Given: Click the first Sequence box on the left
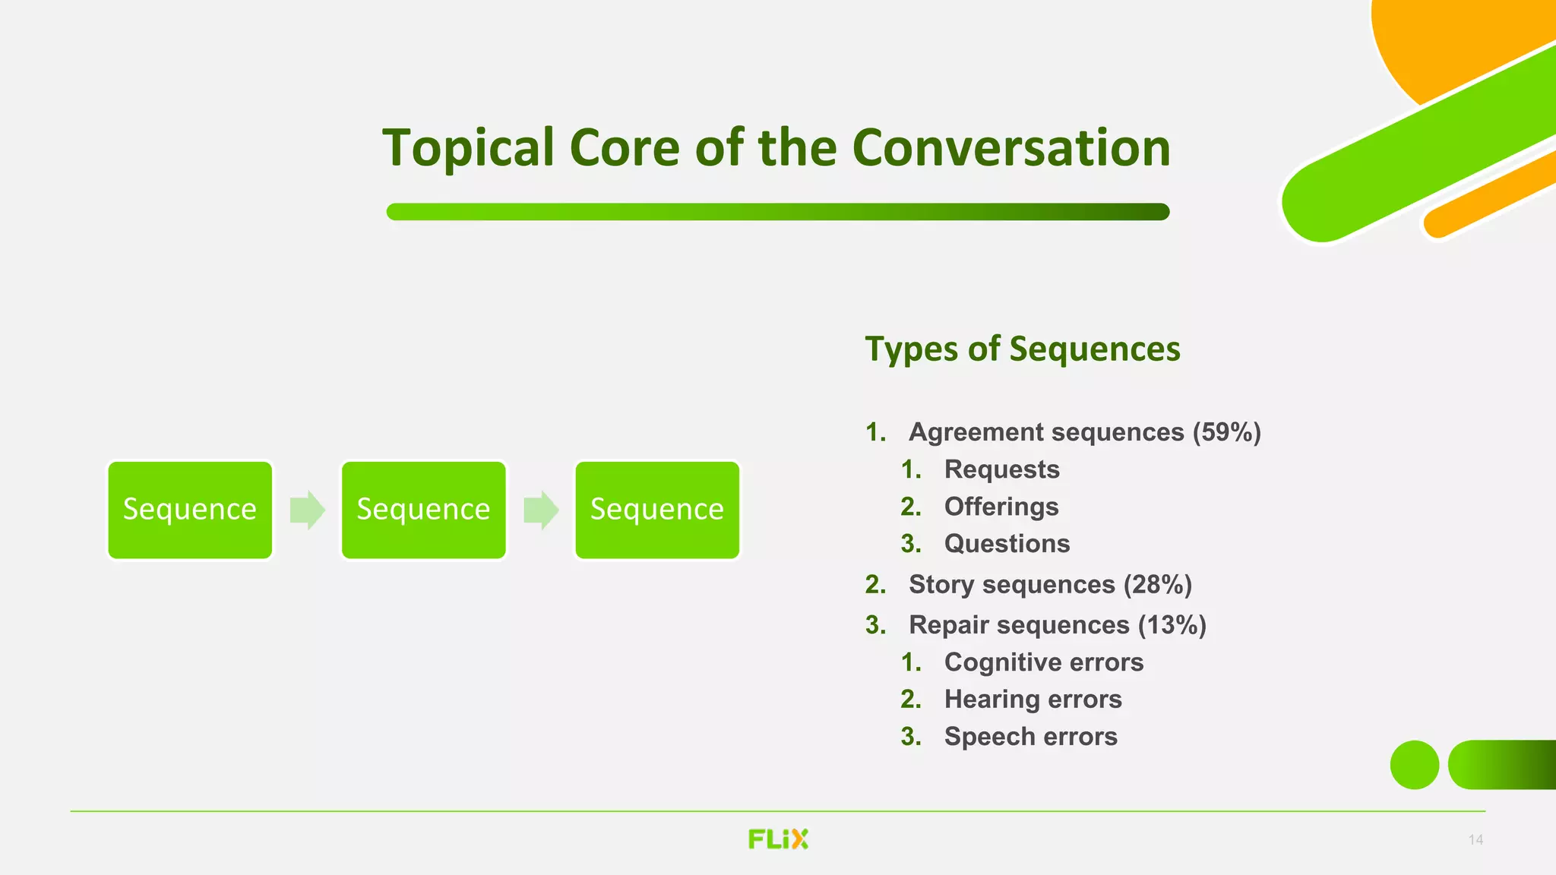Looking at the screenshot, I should (x=190, y=510).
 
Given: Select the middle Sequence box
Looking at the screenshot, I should (x=423, y=510).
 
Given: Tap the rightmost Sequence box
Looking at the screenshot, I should (x=657, y=510).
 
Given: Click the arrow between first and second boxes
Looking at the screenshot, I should (x=307, y=510).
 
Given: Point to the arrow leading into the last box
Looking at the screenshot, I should (x=541, y=510).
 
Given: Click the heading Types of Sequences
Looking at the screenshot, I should (x=1023, y=349).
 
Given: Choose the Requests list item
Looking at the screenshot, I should (x=1001, y=469).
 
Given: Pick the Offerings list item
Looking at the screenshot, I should (x=1001, y=507).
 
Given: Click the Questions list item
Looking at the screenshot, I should (x=1007, y=544).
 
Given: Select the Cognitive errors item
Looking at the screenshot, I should (x=1043, y=662).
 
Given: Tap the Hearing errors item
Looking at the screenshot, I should (x=1033, y=700).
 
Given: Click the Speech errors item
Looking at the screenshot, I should (x=1030, y=737).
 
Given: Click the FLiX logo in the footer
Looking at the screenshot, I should (x=778, y=839).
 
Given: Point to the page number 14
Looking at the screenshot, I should (x=1475, y=839).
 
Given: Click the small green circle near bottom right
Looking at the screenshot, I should (x=1414, y=765).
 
